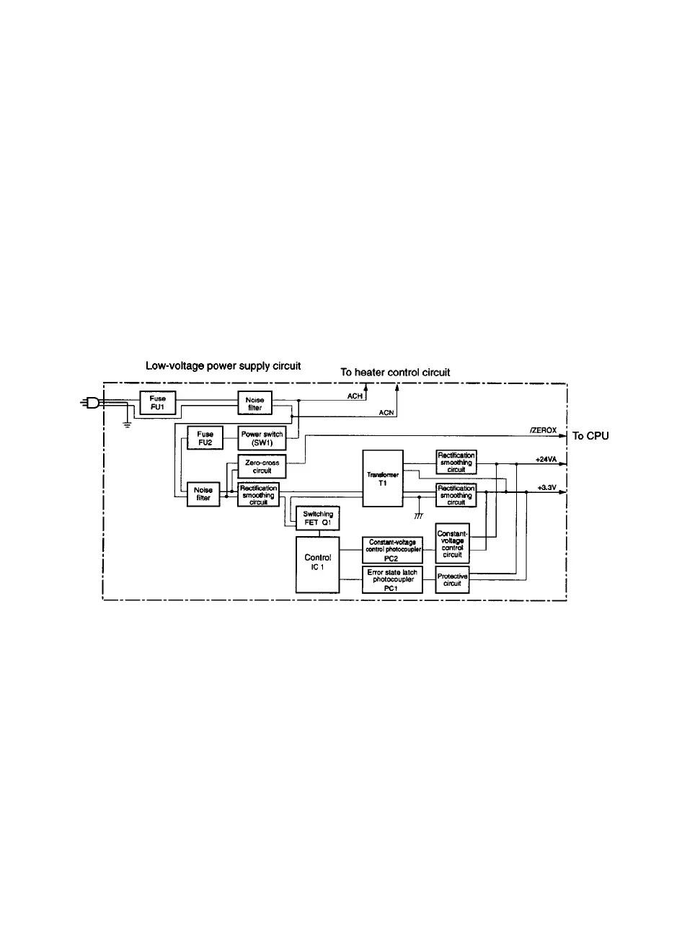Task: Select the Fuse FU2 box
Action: pos(205,439)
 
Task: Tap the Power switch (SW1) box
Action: pos(262,439)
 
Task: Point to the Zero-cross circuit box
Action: pos(262,466)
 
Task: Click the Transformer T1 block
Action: pos(382,479)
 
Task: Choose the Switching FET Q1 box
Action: pos(317,518)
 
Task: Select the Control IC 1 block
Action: pos(317,565)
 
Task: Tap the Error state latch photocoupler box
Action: pos(392,580)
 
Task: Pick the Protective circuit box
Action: pos(453,580)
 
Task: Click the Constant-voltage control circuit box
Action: pos(453,543)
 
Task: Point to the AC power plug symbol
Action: pos(92,404)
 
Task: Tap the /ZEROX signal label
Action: pos(543,430)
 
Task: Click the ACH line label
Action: pos(355,396)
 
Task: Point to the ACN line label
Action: pos(386,413)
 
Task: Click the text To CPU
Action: pos(590,436)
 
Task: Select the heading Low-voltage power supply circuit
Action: pos(223,366)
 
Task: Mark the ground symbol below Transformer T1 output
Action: pos(419,517)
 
